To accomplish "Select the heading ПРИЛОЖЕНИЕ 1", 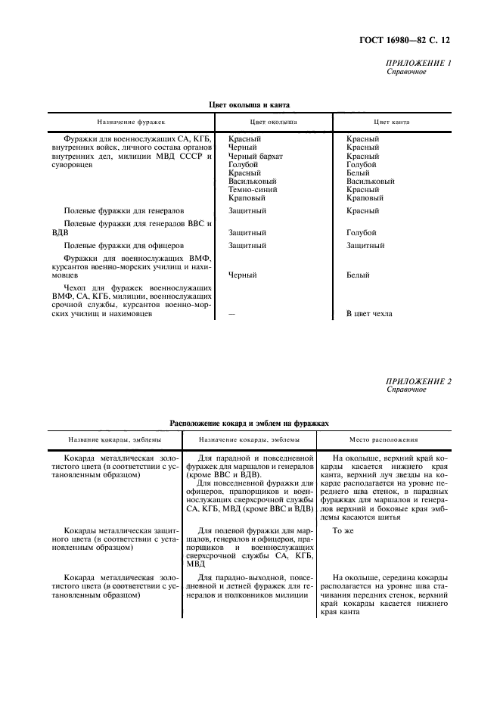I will (418, 63).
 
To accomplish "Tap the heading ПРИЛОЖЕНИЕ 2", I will (418, 381).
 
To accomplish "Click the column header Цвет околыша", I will (272, 121).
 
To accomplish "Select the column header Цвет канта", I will (391, 121).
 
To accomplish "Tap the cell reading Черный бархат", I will (256, 156).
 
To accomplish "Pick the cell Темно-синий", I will (252, 189).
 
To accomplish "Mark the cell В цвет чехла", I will (369, 313).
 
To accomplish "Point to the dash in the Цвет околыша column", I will (231, 313).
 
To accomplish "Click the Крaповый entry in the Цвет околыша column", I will (247, 197).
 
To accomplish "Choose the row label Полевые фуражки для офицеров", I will (123, 246).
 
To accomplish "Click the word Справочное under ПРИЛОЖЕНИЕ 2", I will (406, 390).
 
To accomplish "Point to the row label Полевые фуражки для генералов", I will (125, 211).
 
